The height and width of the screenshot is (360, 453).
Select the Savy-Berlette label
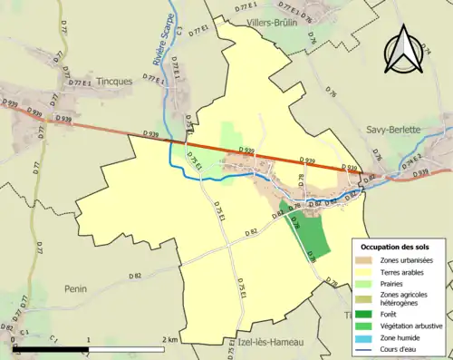pos(393,130)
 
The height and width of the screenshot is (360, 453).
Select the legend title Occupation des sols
pos(395,247)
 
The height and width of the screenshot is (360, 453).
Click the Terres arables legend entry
pos(402,272)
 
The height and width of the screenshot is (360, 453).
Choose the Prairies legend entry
pos(393,284)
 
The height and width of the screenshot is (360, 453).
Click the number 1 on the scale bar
pos(89,339)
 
